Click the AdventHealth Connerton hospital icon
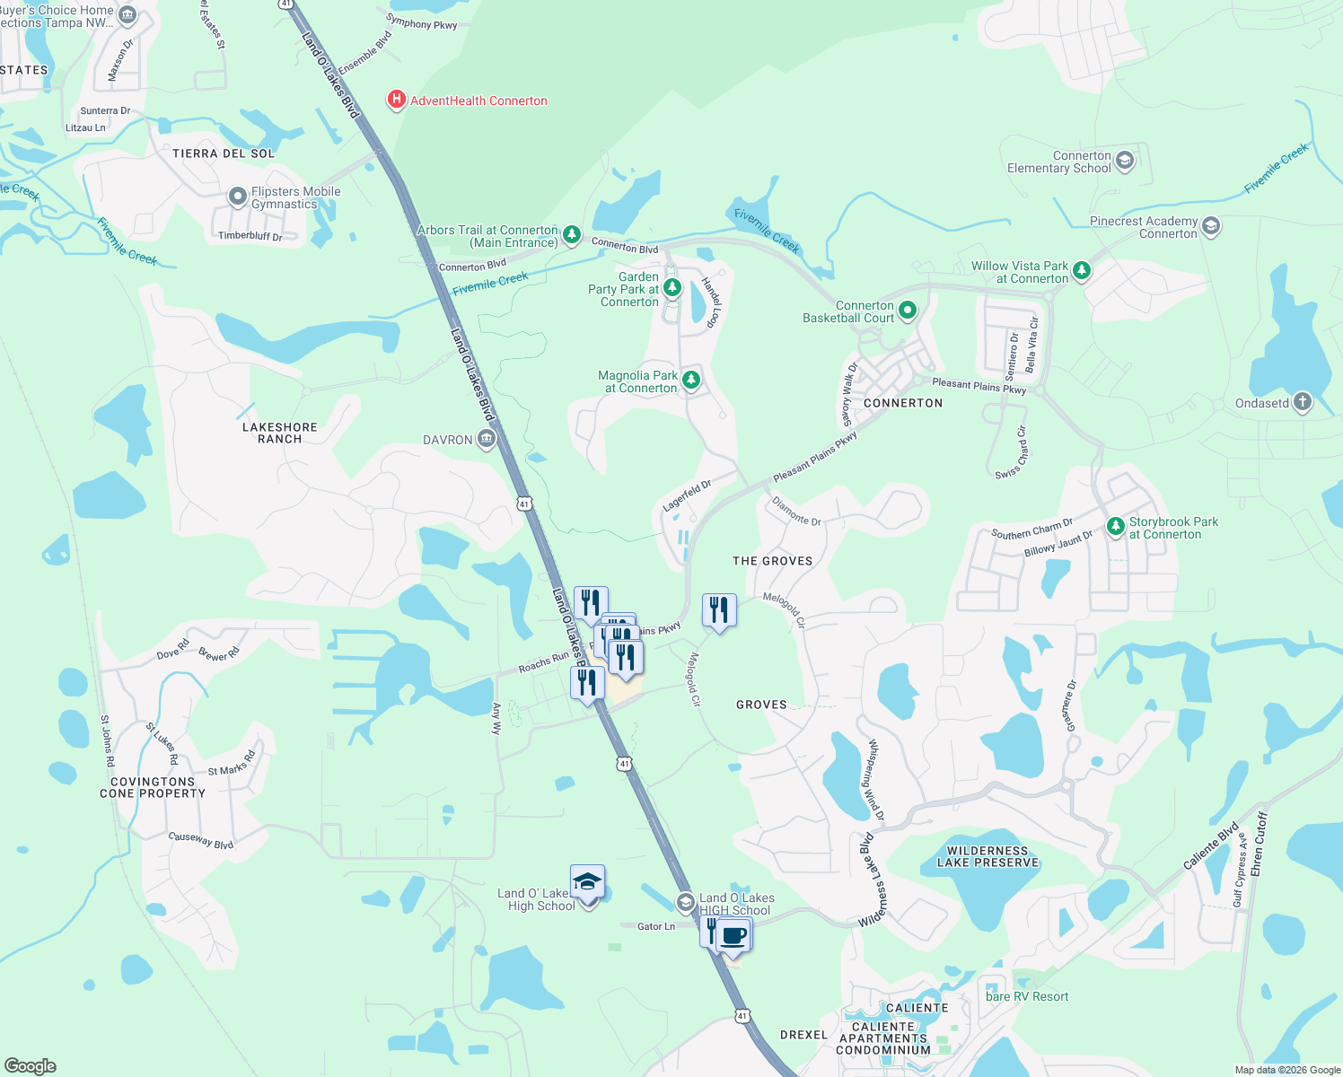396,100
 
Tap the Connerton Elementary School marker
1125,162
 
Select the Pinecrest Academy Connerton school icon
1211,226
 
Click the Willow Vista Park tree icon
1082,270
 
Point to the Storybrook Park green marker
1116,527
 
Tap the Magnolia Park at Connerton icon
690,381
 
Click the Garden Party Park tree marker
672,288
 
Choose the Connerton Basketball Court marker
908,311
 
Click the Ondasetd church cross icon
1303,402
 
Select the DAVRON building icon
487,439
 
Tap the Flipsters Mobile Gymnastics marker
238,197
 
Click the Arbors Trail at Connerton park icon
571,236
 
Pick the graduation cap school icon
587,883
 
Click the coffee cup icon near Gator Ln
733,936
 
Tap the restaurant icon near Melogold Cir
719,611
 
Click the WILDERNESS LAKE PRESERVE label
987,856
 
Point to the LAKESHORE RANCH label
280,433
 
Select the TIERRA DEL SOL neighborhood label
224,153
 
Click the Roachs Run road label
543,663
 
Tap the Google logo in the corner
31,1066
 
